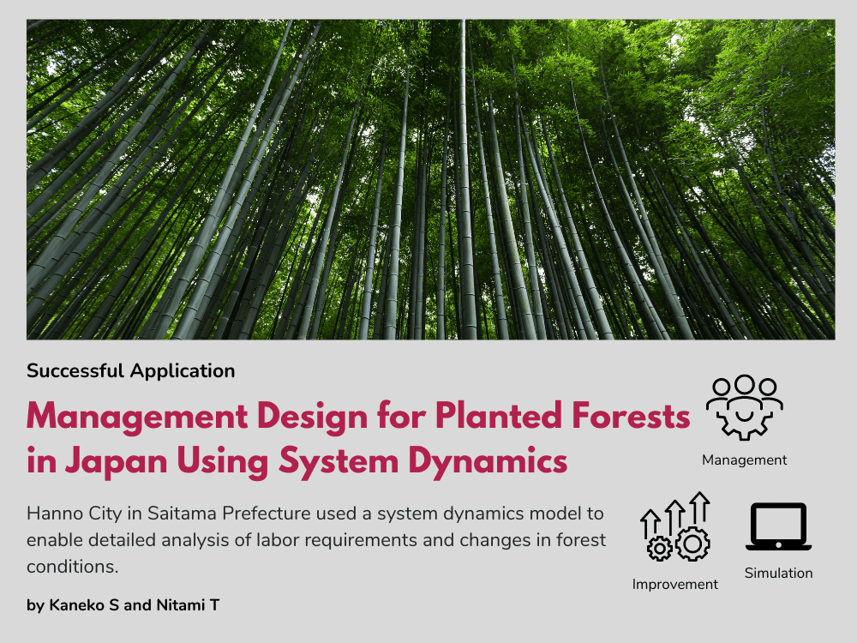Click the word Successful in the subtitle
[x=75, y=371]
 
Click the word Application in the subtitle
[x=182, y=371]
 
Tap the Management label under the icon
[x=744, y=460]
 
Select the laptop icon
[x=777, y=526]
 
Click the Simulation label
[x=777, y=574]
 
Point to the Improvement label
[x=675, y=585]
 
